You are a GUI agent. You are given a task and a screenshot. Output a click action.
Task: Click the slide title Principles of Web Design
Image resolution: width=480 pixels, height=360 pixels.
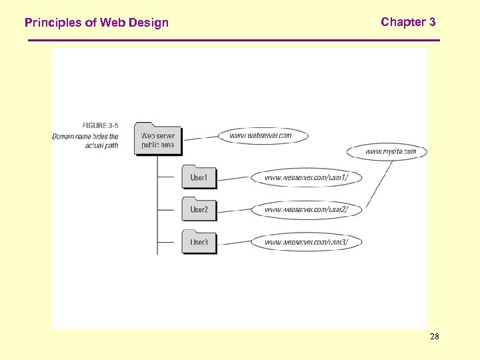click(97, 23)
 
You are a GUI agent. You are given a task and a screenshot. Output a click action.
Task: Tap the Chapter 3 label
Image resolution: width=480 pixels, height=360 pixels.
click(408, 22)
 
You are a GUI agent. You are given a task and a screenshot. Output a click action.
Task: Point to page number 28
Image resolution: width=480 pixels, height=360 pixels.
click(434, 337)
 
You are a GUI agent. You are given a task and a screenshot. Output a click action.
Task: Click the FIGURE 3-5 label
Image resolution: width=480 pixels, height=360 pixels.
click(100, 125)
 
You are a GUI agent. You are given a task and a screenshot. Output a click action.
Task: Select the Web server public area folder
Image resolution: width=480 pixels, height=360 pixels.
click(157, 139)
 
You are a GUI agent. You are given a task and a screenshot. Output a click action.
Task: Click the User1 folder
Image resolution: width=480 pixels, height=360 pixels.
click(199, 177)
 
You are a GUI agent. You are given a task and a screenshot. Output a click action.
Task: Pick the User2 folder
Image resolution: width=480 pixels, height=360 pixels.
click(199, 209)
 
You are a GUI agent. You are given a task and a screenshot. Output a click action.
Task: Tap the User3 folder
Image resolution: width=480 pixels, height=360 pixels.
click(199, 241)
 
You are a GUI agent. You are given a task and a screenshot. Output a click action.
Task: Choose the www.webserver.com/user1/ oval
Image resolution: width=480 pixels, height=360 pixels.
click(306, 177)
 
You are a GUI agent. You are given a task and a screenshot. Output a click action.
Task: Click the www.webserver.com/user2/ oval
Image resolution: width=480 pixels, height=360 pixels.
click(306, 209)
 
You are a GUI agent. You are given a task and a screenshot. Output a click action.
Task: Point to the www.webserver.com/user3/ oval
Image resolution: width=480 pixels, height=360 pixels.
click(306, 242)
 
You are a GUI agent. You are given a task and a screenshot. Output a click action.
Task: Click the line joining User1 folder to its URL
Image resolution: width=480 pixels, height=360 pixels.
click(233, 178)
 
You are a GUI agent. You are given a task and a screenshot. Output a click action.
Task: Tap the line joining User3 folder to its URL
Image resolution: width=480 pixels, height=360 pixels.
click(233, 242)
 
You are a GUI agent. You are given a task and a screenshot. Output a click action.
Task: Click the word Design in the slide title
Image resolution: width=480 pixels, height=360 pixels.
click(149, 23)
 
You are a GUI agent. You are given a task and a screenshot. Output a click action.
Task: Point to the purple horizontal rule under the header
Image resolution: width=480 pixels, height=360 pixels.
click(233, 41)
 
